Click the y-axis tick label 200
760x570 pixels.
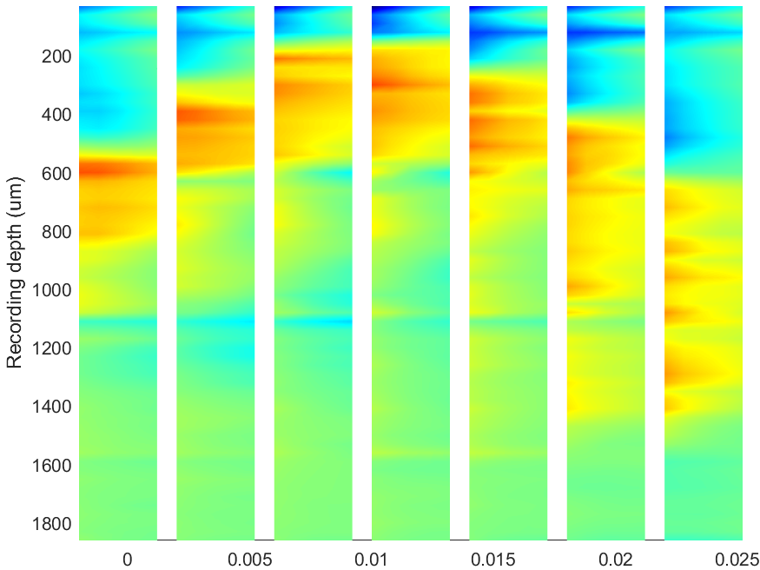(x=56, y=57)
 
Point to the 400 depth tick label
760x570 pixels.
(x=56, y=116)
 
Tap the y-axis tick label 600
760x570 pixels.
(x=56, y=174)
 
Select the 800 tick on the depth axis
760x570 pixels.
(x=56, y=232)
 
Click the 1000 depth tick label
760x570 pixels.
(x=51, y=291)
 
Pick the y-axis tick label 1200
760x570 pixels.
(x=51, y=349)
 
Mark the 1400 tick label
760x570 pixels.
(x=51, y=408)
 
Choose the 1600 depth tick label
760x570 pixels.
(x=51, y=466)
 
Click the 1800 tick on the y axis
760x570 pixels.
(x=51, y=524)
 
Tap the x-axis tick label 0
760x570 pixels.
(x=127, y=560)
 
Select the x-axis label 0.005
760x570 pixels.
(x=250, y=560)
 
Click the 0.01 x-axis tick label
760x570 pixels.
(x=371, y=560)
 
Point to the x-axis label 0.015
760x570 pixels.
(x=493, y=560)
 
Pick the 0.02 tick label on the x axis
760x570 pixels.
(x=615, y=560)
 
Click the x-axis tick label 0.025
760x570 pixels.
(x=737, y=560)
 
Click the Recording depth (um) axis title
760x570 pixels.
(x=15, y=273)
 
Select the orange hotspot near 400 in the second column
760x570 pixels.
(x=214, y=116)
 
